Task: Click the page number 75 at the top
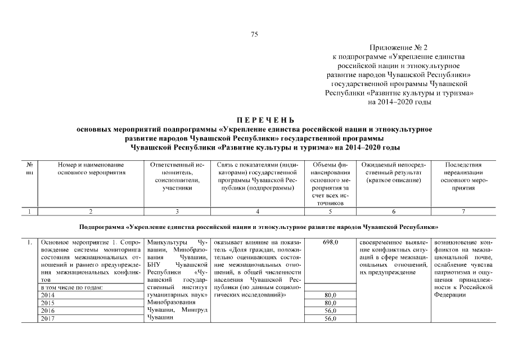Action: (x=254, y=35)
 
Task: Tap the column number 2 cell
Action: (x=91, y=211)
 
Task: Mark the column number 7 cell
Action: (x=463, y=211)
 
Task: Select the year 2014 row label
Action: (x=48, y=295)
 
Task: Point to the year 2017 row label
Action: (x=48, y=318)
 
